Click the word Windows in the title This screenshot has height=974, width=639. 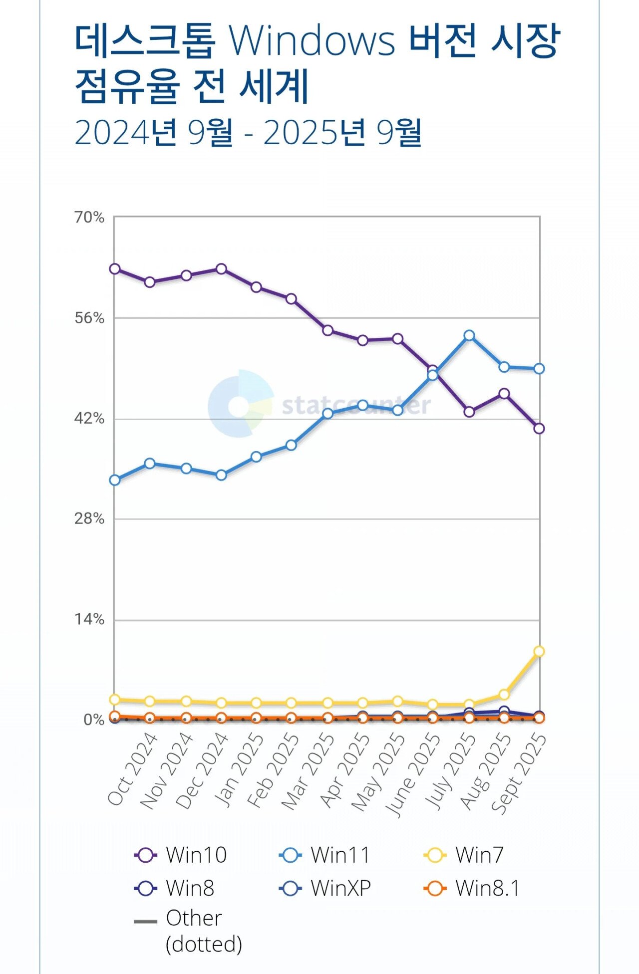pyautogui.click(x=312, y=41)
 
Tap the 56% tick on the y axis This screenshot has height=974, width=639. pyautogui.click(x=89, y=318)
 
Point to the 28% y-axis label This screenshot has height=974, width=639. pyautogui.click(x=89, y=519)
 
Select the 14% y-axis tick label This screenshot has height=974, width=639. pyautogui.click(x=89, y=620)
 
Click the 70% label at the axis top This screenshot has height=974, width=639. pyautogui.click(x=89, y=218)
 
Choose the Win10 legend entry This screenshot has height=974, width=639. pyautogui.click(x=181, y=855)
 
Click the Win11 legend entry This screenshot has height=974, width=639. pyautogui.click(x=325, y=855)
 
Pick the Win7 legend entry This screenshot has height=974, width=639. pyautogui.click(x=464, y=855)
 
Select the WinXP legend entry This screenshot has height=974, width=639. pyautogui.click(x=325, y=888)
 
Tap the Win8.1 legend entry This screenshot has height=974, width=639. pyautogui.click(x=472, y=888)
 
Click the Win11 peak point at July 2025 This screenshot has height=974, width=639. pyautogui.click(x=469, y=335)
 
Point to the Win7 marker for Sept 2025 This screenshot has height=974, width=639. pyautogui.click(x=539, y=651)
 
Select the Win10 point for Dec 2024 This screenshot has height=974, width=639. pyautogui.click(x=221, y=269)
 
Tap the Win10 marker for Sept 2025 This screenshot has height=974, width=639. pyautogui.click(x=539, y=428)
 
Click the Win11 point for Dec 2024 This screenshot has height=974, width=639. pyautogui.click(x=221, y=475)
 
